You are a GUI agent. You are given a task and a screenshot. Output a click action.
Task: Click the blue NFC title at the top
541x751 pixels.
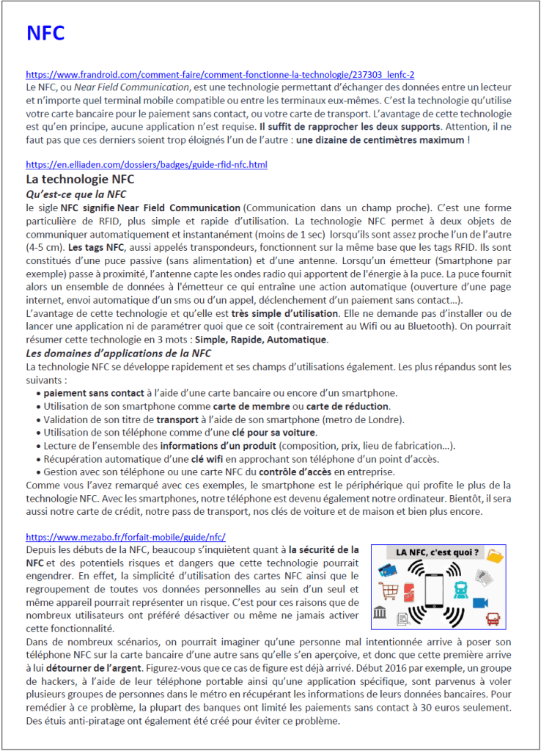tap(45, 33)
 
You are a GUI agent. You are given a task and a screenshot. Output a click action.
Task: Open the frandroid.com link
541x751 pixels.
tap(220, 75)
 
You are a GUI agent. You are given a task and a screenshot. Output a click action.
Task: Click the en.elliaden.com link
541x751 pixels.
tap(147, 165)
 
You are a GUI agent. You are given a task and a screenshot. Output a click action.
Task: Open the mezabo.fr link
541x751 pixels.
tap(125, 537)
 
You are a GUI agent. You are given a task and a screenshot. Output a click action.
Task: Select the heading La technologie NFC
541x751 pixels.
tap(80, 180)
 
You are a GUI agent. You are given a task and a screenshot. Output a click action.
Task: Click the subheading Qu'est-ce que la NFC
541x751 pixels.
tap(76, 194)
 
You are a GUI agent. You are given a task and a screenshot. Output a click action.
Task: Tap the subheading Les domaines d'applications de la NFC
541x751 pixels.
tap(118, 353)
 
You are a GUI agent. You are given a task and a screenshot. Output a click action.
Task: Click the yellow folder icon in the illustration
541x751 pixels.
tap(496, 556)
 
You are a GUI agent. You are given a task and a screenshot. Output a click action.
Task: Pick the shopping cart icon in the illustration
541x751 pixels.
tap(389, 590)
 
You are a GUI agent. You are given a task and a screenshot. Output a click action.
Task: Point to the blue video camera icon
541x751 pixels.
tap(480, 603)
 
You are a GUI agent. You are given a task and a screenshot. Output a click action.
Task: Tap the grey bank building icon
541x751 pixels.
tap(380, 613)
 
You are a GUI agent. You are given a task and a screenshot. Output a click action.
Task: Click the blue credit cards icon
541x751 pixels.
tap(389, 569)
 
